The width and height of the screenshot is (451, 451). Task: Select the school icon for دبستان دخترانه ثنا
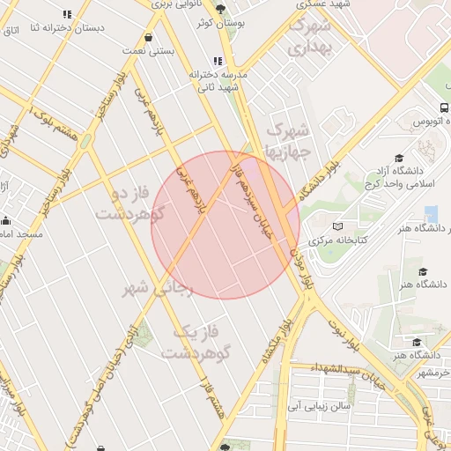point(68,14)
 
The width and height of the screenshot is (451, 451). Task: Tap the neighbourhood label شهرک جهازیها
point(289,141)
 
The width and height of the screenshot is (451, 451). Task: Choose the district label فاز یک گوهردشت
point(196,342)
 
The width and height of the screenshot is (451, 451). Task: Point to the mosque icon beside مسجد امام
point(6,220)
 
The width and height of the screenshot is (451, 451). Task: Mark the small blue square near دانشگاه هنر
point(431,213)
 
